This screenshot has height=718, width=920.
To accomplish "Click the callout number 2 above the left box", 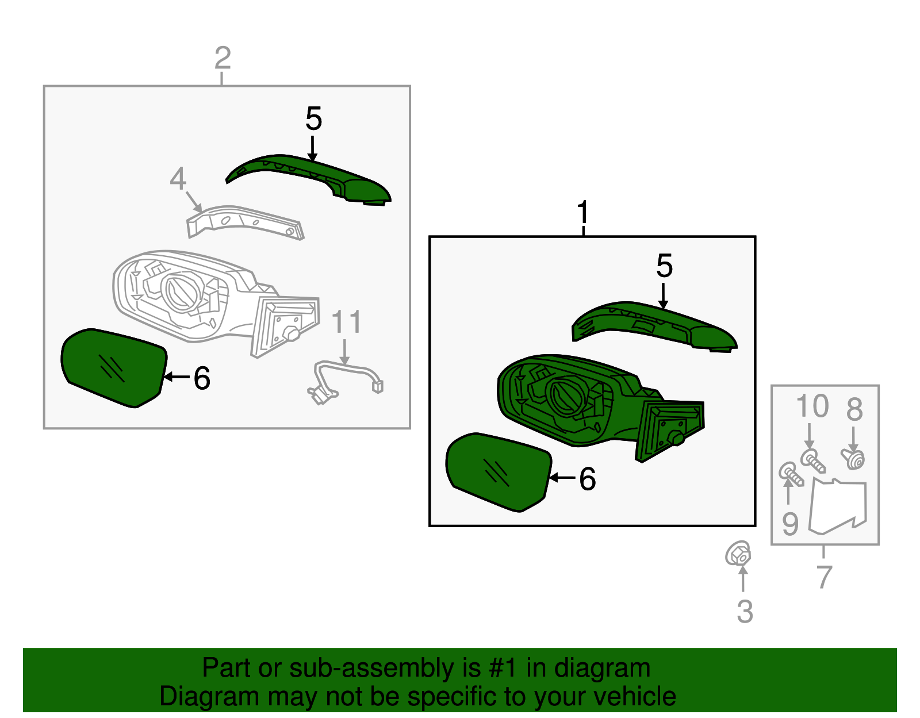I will pyautogui.click(x=223, y=59).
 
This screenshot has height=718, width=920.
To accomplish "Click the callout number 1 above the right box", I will pyautogui.click(x=583, y=213).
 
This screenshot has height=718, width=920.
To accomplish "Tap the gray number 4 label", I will pyautogui.click(x=178, y=179).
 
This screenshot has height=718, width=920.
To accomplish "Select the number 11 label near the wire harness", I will pyautogui.click(x=346, y=322).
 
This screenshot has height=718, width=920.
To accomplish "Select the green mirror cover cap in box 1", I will pyautogui.click(x=655, y=325).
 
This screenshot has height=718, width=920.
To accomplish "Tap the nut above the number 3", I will pyautogui.click(x=738, y=554).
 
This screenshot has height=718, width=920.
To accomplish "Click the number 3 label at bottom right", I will pyautogui.click(x=745, y=611).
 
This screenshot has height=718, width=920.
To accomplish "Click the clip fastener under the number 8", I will pyautogui.click(x=853, y=459).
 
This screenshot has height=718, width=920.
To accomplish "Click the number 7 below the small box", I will pyautogui.click(x=824, y=577).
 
